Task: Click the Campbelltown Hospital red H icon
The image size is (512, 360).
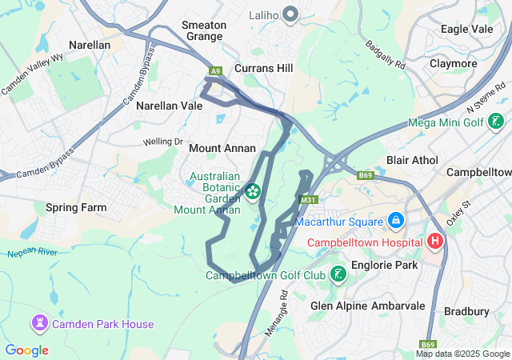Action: click(436, 241)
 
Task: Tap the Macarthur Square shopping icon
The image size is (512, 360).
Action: click(394, 219)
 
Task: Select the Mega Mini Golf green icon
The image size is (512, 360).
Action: click(497, 122)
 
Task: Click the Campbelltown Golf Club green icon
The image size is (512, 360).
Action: click(338, 274)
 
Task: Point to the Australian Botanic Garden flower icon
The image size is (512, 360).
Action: click(252, 190)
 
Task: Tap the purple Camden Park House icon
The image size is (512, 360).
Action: click(39, 323)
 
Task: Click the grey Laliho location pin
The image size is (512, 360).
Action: click(291, 14)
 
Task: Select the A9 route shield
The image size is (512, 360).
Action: click(215, 72)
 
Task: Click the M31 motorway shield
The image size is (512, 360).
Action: click(306, 199)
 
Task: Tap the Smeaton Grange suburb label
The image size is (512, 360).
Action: click(205, 30)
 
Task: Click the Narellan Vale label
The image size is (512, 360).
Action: click(169, 106)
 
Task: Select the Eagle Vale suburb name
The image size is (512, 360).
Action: click(466, 29)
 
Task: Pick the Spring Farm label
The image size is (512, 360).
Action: click(76, 207)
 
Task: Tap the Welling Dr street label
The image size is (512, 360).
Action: click(162, 142)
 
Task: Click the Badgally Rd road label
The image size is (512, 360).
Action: click(385, 55)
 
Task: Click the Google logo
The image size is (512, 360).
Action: click(27, 350)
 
